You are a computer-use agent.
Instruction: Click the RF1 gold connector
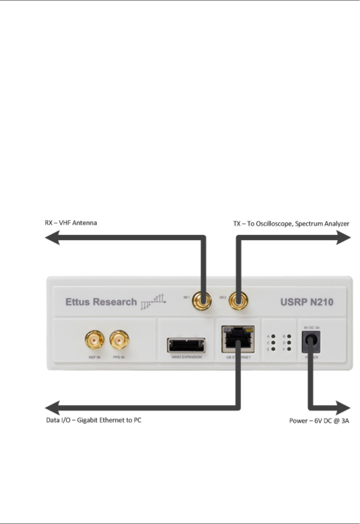click(202, 300)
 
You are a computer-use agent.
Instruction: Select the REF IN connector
click(95, 340)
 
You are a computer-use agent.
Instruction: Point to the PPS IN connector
click(119, 340)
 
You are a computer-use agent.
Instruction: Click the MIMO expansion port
click(186, 345)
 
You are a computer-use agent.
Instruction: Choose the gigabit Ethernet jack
click(238, 339)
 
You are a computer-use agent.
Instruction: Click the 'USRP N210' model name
click(307, 302)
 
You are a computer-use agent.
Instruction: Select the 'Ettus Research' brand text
click(101, 302)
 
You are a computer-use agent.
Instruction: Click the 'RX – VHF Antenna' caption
click(71, 223)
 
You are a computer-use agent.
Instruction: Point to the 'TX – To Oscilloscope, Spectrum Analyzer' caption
click(291, 224)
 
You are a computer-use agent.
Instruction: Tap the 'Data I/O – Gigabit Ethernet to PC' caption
click(94, 420)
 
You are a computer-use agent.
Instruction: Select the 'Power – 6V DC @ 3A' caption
click(319, 421)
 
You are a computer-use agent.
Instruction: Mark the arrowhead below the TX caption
click(344, 238)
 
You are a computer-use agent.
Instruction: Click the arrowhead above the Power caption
click(343, 408)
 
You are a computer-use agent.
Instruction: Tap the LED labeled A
click(273, 337)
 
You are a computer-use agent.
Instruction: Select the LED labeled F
click(289, 349)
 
